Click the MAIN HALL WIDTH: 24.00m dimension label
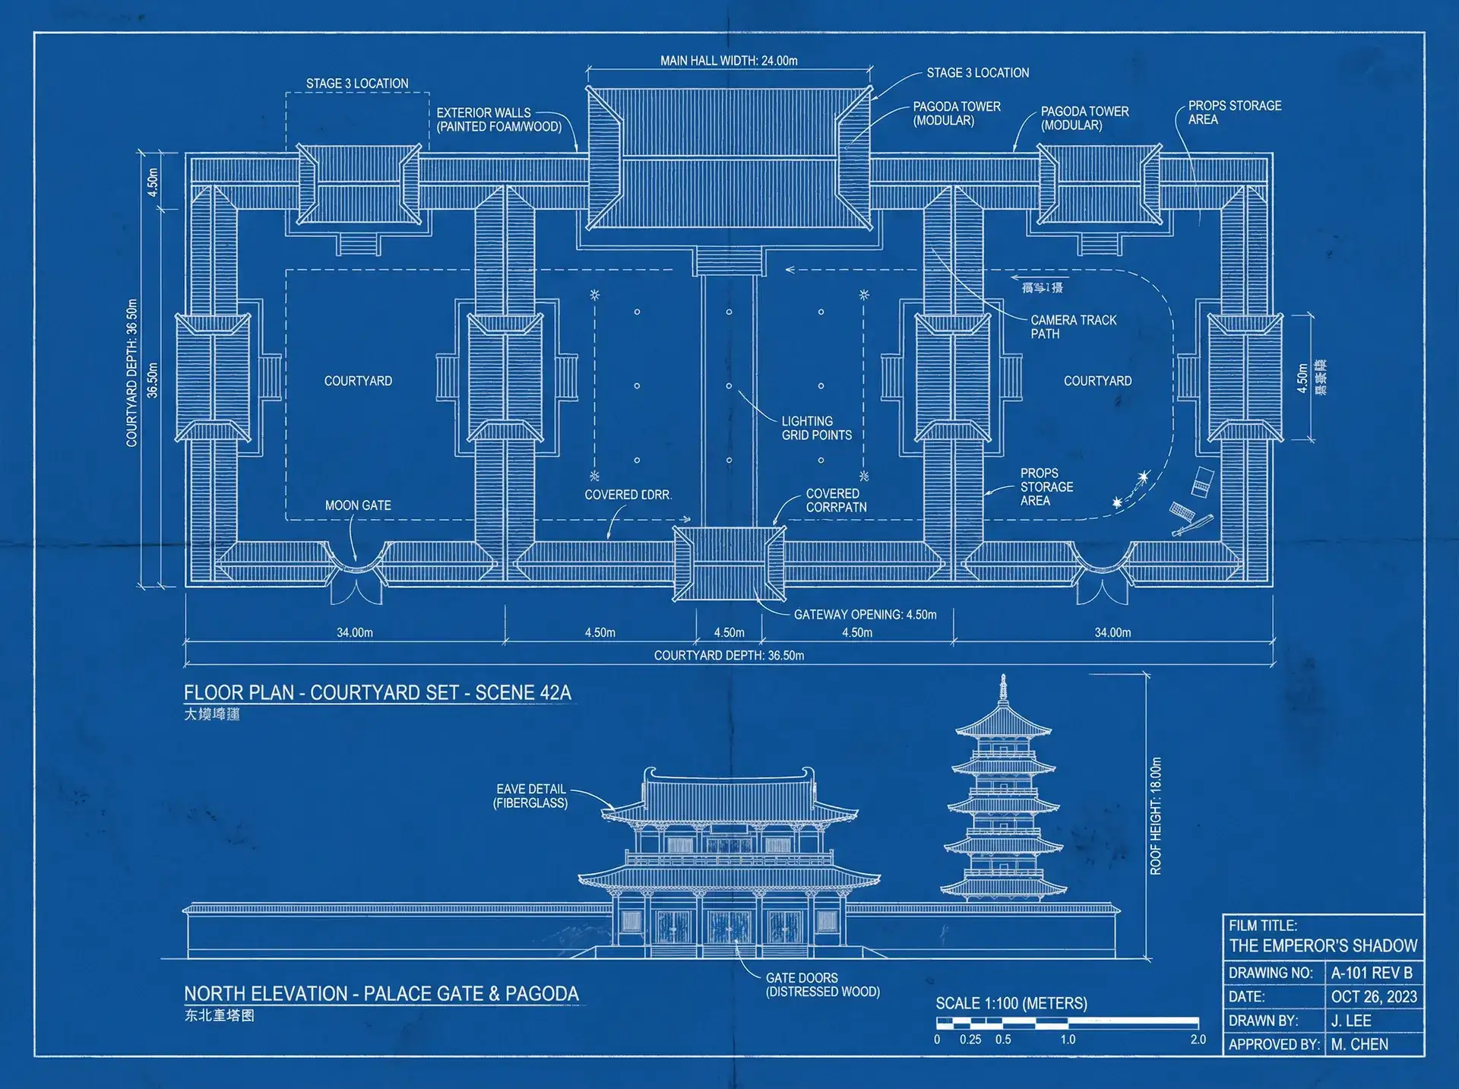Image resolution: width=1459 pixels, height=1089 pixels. (729, 61)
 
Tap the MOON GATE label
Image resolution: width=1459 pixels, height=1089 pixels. (358, 505)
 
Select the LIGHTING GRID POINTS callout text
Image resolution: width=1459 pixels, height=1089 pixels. (816, 428)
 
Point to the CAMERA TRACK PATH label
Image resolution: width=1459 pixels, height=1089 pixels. (1073, 327)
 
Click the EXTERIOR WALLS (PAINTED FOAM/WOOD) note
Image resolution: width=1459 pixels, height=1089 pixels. (498, 119)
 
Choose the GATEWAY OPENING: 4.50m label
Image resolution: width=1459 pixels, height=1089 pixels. (865, 615)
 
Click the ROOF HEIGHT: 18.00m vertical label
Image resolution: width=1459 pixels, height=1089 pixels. (1156, 816)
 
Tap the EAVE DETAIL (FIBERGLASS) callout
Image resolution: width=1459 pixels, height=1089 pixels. (530, 796)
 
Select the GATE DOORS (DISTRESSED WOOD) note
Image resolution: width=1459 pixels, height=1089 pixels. (822, 985)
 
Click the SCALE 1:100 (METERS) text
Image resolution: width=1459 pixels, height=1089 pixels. (1011, 1003)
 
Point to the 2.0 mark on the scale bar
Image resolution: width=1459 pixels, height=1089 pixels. (1198, 1040)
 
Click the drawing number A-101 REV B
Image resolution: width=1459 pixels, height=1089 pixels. (1371, 973)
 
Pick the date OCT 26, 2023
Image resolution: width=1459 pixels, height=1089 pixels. (1373, 996)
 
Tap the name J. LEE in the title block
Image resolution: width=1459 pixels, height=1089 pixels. (1351, 1021)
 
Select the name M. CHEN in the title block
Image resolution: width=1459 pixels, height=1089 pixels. (1359, 1044)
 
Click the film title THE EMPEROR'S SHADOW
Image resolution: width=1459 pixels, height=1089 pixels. (1323, 945)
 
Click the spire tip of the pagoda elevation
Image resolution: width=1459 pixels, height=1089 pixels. (1003, 676)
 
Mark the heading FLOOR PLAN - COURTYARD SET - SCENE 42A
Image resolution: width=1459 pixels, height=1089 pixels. (377, 692)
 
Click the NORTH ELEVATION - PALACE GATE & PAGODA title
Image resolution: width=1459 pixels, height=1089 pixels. (381, 993)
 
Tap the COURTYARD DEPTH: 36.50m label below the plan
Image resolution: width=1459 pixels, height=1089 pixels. (729, 655)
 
